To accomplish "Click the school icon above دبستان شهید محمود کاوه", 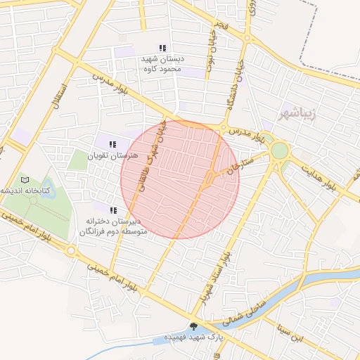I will tap(162, 48).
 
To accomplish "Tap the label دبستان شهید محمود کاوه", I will tap(162, 64).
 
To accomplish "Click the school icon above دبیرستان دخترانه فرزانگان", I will tap(113, 210).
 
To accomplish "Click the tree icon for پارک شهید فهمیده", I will tap(193, 326).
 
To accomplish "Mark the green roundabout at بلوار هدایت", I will tap(279, 150).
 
